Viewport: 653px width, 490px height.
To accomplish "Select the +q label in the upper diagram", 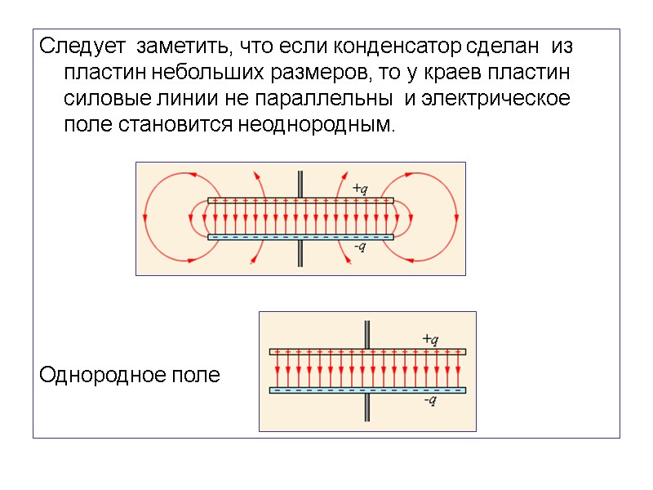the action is [359, 188].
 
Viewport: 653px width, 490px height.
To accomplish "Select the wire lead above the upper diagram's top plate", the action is [300, 183].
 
